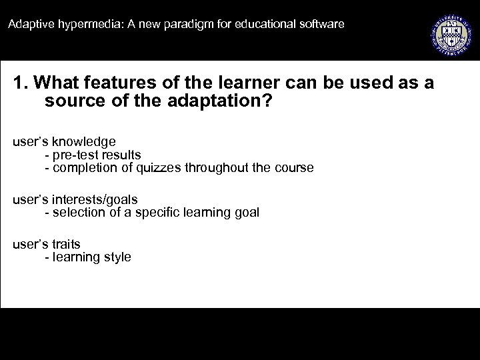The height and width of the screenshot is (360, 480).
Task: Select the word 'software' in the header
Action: pos(321,25)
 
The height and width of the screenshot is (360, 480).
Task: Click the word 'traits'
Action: pos(65,244)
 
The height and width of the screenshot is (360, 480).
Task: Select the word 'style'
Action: pos(117,257)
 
